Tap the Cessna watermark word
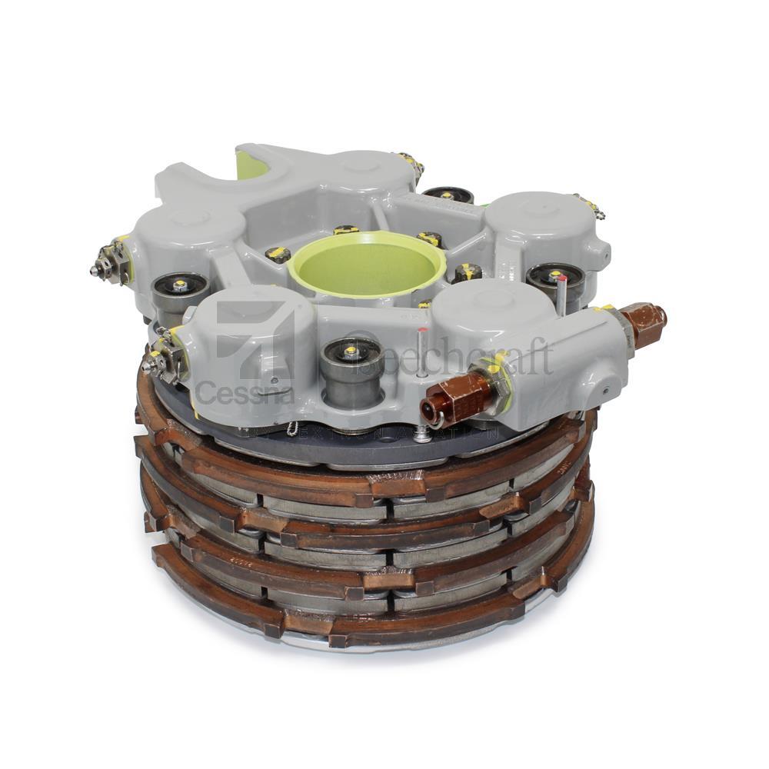(x=245, y=392)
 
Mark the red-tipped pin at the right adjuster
(x=563, y=288)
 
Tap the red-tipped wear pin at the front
(x=422, y=350)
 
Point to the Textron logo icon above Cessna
(x=254, y=338)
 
